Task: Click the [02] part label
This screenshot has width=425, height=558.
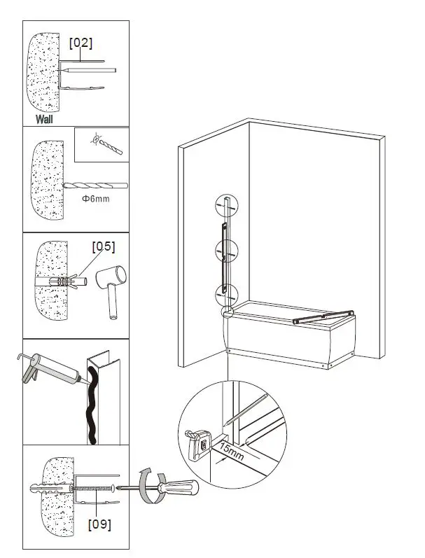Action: coord(81,43)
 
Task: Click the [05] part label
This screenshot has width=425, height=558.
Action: coord(103,246)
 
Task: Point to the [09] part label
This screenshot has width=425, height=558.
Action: coord(99,522)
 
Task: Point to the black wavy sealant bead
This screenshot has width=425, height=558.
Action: coord(91,406)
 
